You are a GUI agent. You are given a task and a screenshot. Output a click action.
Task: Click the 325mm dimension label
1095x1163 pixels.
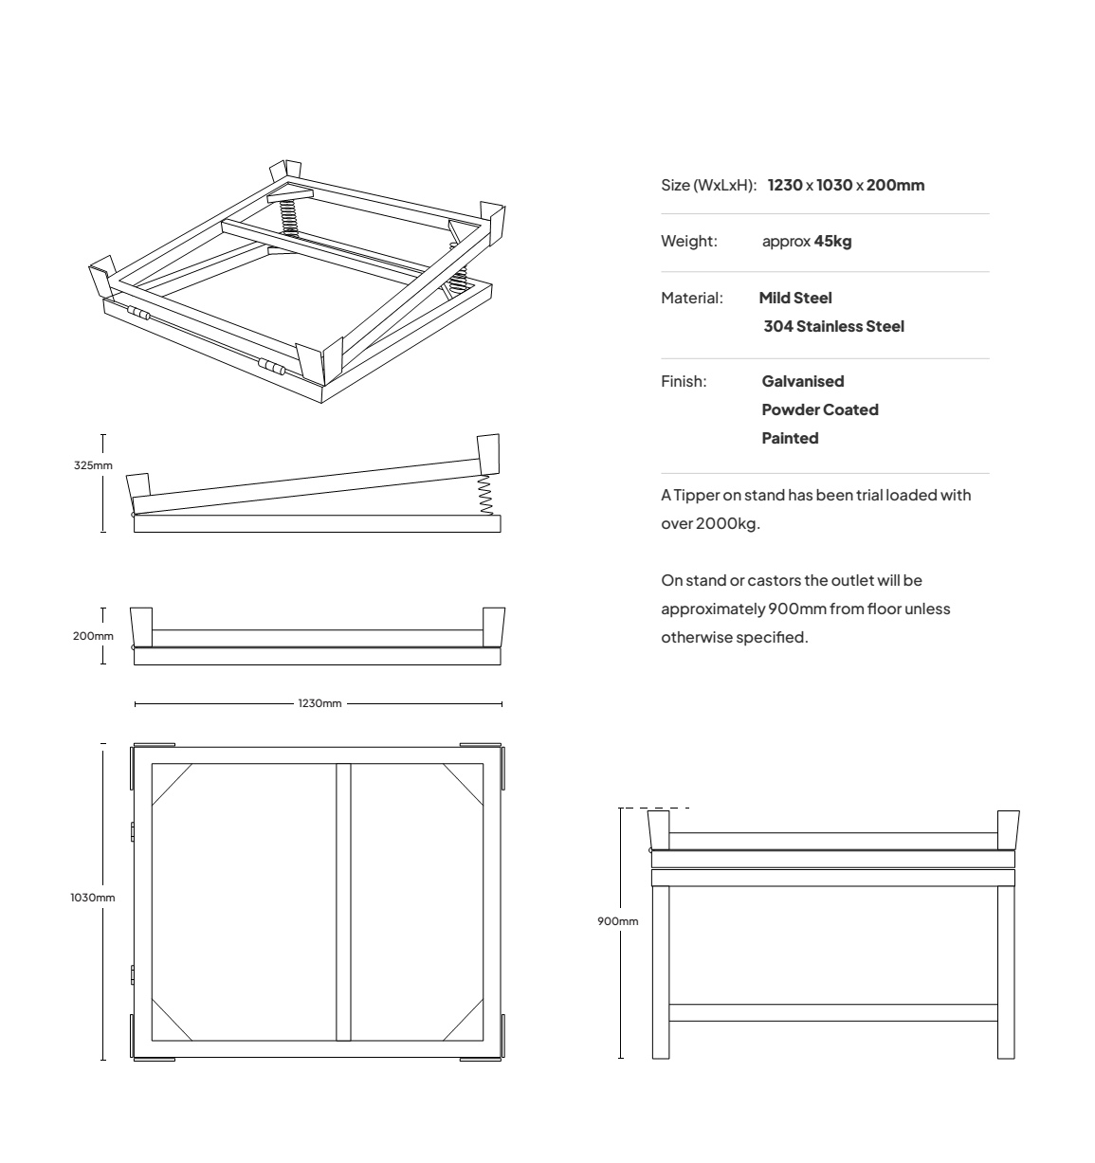[x=93, y=465]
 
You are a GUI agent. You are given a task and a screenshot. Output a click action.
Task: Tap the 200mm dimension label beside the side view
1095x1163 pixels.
[x=93, y=636]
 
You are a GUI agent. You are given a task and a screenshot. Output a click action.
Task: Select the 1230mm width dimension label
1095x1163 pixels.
[x=319, y=703]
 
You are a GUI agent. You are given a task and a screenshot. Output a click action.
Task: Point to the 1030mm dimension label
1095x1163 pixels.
[x=93, y=898]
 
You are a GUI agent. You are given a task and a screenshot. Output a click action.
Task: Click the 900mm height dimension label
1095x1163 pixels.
[x=617, y=921]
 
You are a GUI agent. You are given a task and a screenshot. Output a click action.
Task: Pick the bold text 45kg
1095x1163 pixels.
[x=832, y=242]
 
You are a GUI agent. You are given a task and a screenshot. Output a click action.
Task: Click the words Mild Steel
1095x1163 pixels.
[x=795, y=298]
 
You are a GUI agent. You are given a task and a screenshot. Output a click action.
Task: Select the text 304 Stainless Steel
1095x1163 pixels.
[x=833, y=326]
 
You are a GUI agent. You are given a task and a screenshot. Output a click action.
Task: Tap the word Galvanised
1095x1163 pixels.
[x=803, y=381]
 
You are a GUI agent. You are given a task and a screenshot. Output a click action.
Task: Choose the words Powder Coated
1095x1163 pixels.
[x=820, y=409]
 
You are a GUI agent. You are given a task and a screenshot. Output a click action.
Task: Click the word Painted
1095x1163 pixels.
[x=790, y=438]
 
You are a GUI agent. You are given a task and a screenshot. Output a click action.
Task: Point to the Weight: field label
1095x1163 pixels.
[x=689, y=242]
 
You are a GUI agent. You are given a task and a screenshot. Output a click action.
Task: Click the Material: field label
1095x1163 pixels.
[x=692, y=298]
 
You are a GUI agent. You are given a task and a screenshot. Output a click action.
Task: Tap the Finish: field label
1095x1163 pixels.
[x=684, y=381]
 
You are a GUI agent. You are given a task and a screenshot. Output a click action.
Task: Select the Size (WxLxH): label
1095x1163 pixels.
[x=709, y=185]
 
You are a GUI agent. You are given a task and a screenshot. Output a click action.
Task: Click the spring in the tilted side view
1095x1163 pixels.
[x=485, y=495]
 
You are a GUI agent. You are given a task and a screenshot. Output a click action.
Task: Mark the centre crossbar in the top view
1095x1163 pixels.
[x=343, y=901]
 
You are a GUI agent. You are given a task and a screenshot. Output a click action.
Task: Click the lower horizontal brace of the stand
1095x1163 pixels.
[x=833, y=1012]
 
